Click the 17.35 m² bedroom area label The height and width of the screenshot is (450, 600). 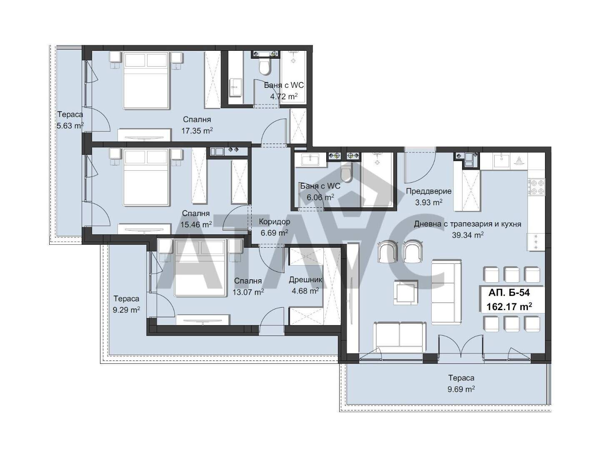197,131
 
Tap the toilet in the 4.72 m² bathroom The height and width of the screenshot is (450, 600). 264,67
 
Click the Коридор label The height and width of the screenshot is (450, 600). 274,221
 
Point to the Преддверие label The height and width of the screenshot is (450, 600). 428,191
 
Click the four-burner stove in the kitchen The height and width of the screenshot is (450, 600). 536,187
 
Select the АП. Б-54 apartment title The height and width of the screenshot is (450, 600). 509,293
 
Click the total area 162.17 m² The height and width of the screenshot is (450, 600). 509,306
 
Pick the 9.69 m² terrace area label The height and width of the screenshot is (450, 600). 461,389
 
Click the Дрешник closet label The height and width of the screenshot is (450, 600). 305,280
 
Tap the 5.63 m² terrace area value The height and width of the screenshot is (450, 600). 70,126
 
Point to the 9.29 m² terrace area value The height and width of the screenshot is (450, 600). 126,310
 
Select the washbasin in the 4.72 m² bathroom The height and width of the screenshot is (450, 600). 235,87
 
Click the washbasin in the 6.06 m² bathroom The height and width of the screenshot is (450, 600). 310,159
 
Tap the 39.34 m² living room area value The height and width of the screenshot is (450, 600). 467,235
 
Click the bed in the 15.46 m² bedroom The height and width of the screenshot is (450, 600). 146,177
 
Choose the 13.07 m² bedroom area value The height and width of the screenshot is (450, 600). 248,292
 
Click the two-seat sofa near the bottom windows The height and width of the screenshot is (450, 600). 399,338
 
